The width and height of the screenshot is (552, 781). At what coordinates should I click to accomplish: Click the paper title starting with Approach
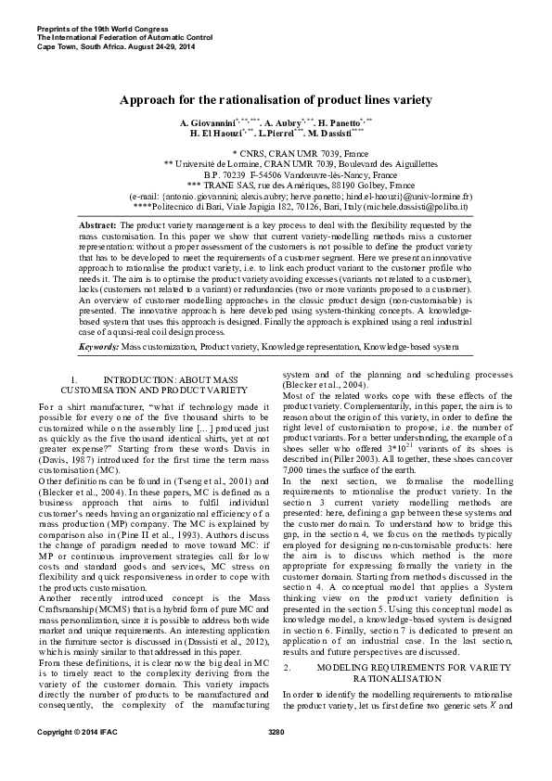276,98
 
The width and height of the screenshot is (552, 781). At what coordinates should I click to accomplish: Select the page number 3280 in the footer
276,759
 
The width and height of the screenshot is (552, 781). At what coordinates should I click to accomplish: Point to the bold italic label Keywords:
99,346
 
